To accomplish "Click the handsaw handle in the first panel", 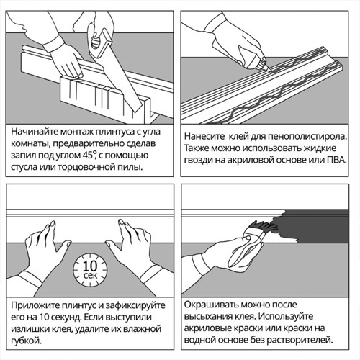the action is click(99, 41).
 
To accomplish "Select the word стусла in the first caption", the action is click(24, 167).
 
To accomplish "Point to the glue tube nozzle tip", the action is click(271, 71).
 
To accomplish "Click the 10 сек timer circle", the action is click(90, 270).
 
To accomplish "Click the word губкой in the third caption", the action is click(26, 341).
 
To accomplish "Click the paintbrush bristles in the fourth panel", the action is click(265, 229).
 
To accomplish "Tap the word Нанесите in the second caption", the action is click(204, 137).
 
